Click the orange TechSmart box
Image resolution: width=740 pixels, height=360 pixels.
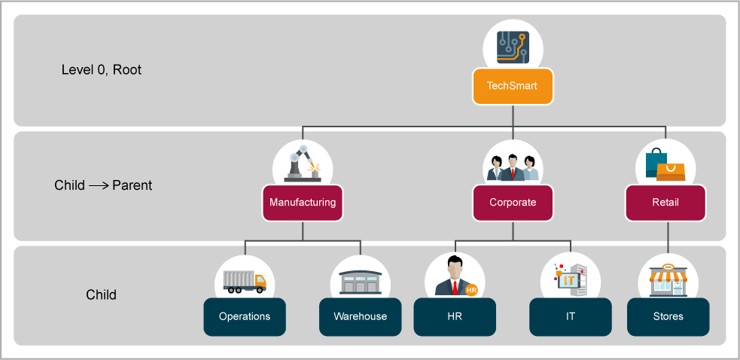[512, 86]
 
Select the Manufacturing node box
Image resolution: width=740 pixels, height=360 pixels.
[303, 203]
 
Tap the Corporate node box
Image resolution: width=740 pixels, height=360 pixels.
[513, 203]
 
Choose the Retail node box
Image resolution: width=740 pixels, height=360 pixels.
[665, 203]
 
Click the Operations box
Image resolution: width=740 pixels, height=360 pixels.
[245, 316]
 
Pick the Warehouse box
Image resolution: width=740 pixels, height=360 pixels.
[360, 316]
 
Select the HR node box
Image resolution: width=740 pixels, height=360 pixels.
[455, 316]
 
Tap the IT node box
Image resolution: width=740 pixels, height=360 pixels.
[570, 316]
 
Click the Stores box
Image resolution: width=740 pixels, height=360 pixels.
[668, 316]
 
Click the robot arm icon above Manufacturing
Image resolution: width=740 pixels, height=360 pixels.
[303, 163]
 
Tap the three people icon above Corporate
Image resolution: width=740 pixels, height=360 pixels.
[513, 166]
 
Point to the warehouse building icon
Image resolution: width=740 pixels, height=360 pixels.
[360, 282]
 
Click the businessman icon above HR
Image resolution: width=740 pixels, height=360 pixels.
[454, 277]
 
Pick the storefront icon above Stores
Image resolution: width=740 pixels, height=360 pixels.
[668, 279]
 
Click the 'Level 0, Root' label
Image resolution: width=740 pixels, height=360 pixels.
[102, 70]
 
